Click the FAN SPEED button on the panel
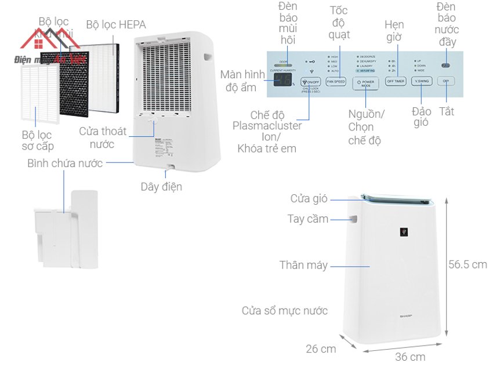(335, 82)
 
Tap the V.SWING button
(421, 82)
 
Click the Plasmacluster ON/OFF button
(311, 82)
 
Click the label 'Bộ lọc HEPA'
(116, 24)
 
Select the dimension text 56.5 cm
(467, 264)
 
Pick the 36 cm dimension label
(410, 357)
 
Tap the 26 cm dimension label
(321, 349)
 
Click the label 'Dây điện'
(161, 187)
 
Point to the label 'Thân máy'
(303, 265)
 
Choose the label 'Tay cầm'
(307, 219)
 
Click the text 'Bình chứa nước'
(65, 163)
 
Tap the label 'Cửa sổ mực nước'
(284, 311)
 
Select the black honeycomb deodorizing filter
(72, 81)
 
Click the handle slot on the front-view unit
(353, 219)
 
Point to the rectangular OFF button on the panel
(445, 82)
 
